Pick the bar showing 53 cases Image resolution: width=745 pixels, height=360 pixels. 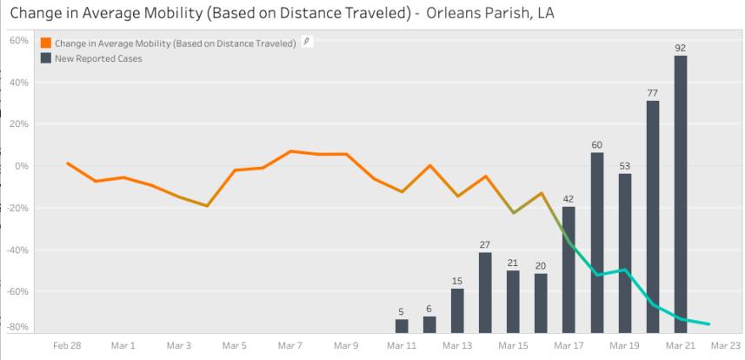pos(625,253)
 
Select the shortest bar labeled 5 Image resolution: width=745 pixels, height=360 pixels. pos(402,326)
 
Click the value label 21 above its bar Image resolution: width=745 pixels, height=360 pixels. pos(513,263)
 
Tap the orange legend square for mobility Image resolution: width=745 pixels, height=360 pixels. pos(45,43)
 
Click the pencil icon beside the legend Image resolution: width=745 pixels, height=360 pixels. pos(307,42)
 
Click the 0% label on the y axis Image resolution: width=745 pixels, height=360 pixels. pos(23,166)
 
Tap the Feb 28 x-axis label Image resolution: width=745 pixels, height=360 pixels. pos(68,345)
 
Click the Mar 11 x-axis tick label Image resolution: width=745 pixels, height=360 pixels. pos(402,345)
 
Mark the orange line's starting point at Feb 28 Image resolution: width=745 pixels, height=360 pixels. pos(68,163)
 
